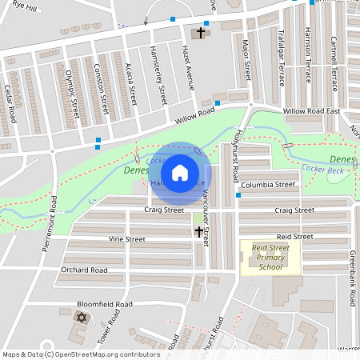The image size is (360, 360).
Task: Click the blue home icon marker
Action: [x=180, y=172]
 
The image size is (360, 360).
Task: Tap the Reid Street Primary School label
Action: [x=271, y=258]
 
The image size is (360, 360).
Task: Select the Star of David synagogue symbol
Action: [x=80, y=318]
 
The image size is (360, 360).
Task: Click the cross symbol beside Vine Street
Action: [x=199, y=232]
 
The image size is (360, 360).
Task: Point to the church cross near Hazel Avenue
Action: [x=198, y=33]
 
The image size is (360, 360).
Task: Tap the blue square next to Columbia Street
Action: [x=238, y=195]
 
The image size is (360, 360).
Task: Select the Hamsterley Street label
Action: [x=159, y=83]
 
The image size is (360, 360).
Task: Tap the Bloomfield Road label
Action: [x=104, y=305]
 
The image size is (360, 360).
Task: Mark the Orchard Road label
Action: [x=84, y=270]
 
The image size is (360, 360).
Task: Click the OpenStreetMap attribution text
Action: [x=80, y=354]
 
